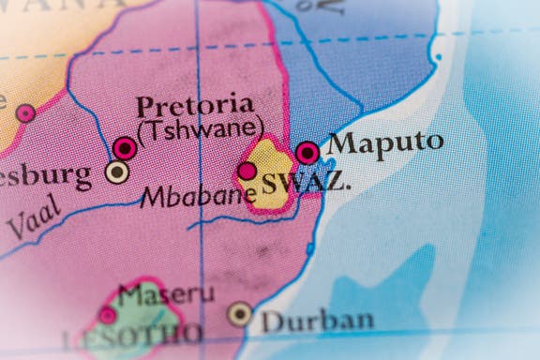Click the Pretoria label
[x=193, y=104]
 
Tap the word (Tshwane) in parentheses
[x=200, y=127]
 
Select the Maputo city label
[x=385, y=143]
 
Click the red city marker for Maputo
[x=307, y=152]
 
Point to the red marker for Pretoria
[x=125, y=146]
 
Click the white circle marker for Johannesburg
[x=117, y=172]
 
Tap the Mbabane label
[x=197, y=195]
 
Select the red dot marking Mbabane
[x=247, y=171]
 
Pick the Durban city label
[x=316, y=320]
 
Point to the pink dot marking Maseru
[x=108, y=315]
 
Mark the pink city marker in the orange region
[x=26, y=113]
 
